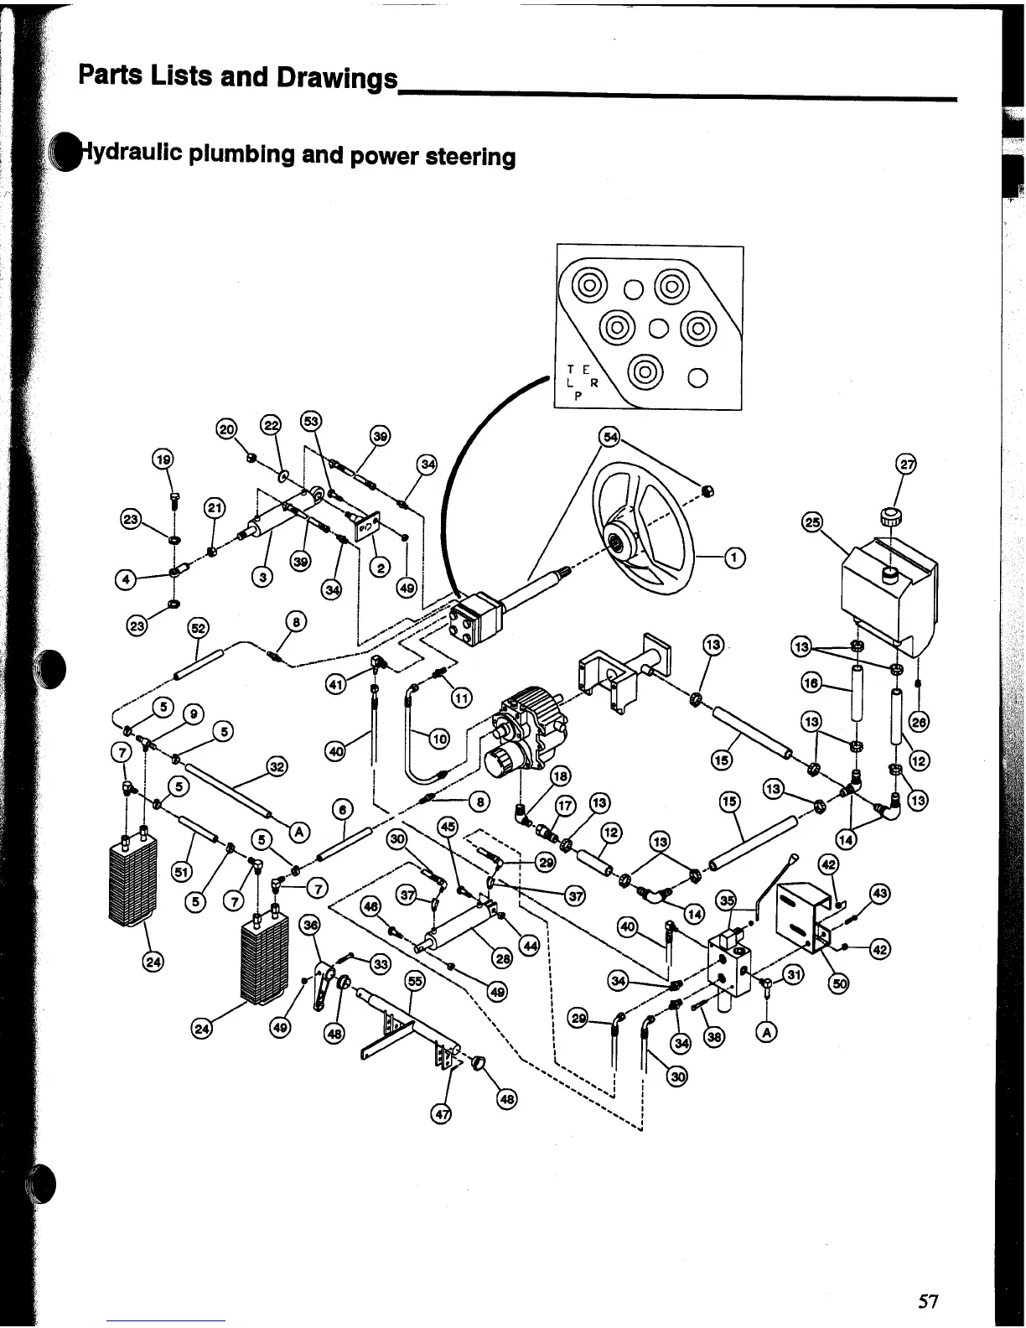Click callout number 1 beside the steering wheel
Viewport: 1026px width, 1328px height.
[x=734, y=558]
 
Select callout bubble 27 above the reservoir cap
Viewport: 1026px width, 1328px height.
[x=907, y=464]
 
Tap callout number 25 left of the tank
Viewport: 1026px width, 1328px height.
[x=811, y=523]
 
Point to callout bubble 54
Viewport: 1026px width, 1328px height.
[x=609, y=437]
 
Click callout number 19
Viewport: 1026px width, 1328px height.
[x=162, y=459]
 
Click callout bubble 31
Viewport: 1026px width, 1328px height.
[x=791, y=973]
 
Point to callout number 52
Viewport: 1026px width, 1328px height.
[x=199, y=627]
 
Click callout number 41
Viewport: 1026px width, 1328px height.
[x=336, y=685]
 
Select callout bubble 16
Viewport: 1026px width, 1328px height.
[x=811, y=682]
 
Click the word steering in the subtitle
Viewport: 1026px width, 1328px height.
[x=470, y=157]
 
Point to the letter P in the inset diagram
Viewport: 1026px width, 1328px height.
[x=578, y=397]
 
